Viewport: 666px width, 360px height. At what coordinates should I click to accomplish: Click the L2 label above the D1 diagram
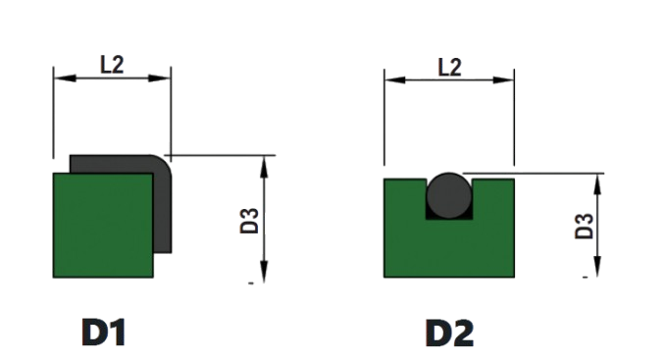click(112, 65)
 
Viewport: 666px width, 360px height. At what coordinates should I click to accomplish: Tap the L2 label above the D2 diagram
click(449, 68)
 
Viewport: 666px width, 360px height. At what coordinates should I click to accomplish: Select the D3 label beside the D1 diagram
click(249, 221)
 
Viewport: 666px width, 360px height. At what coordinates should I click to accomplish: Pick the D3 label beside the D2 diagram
click(584, 227)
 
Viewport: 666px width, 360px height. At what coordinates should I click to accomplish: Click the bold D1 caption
click(103, 333)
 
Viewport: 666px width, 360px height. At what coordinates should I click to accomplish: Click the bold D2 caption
click(449, 334)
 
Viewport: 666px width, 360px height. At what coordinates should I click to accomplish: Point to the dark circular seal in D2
click(449, 196)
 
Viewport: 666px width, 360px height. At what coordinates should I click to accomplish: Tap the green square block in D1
click(103, 226)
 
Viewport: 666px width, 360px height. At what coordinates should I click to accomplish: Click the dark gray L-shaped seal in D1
click(163, 204)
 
